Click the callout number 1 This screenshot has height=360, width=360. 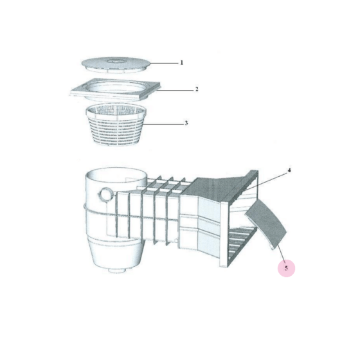(x=181, y=62)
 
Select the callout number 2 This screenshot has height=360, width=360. (x=196, y=89)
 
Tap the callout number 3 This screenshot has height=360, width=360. (x=186, y=122)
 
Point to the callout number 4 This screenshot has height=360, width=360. (x=289, y=170)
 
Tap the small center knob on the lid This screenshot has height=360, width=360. (x=116, y=61)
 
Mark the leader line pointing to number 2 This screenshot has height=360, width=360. (x=175, y=90)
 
